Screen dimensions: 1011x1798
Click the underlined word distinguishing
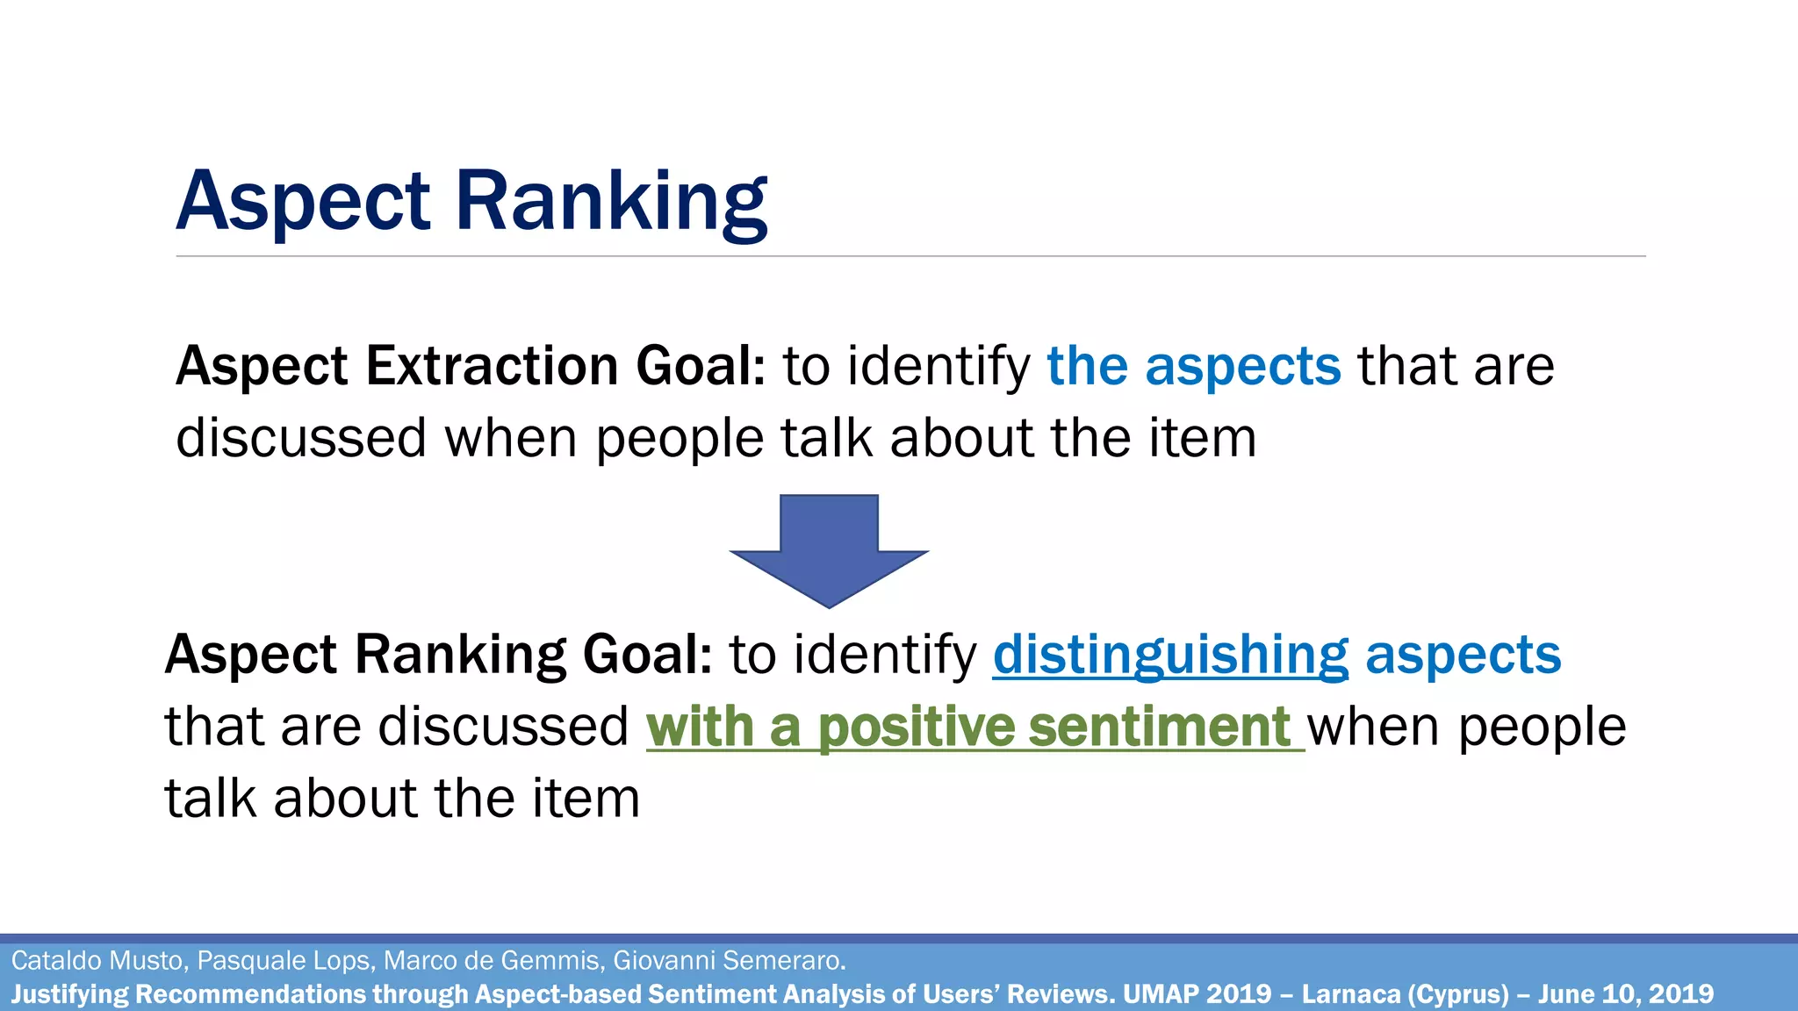1170,656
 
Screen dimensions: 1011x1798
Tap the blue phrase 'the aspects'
1194,366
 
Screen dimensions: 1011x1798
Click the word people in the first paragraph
680,438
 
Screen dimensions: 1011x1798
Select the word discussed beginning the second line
301,438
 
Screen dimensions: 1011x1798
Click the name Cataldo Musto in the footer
97,961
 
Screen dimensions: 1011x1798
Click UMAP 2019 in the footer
1197,994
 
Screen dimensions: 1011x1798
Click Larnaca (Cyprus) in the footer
1405,994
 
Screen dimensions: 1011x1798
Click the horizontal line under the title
910,256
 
